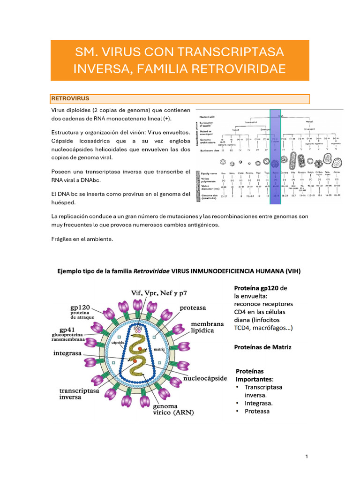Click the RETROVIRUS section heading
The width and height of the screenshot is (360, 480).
pos(70,99)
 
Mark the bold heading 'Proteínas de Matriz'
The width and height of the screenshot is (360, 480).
pos(262,347)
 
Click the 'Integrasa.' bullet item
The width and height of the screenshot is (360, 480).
pos(259,403)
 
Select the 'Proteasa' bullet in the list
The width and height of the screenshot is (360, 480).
pos(257,411)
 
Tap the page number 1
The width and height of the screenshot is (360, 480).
pos(306,457)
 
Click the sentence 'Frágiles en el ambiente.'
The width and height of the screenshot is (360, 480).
pos(82,239)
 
